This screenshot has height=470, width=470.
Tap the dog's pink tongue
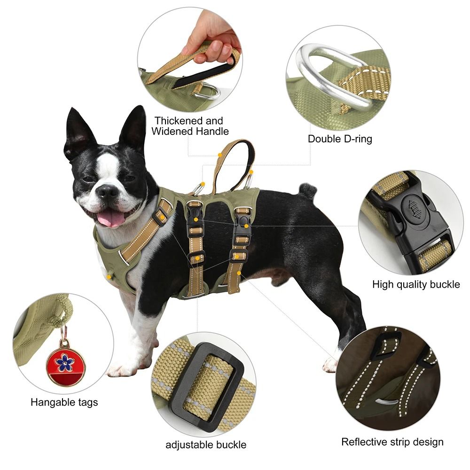(111, 218)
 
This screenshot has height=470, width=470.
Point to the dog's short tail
(308, 190)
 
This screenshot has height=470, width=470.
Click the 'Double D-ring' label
(340, 139)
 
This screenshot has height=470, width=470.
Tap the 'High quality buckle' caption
(416, 284)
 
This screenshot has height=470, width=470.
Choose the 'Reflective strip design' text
(392, 442)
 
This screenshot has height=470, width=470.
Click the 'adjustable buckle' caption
(206, 445)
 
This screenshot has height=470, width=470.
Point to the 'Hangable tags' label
(64, 402)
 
